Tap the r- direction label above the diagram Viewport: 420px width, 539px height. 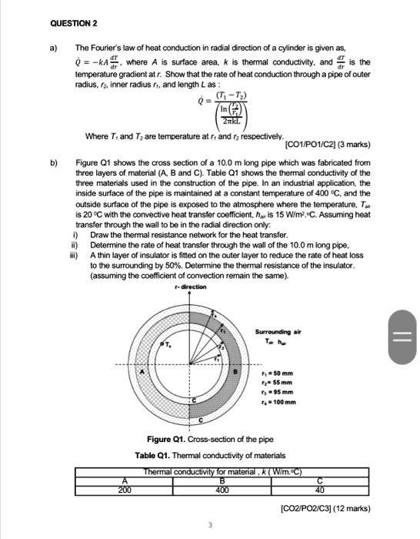pos(191,286)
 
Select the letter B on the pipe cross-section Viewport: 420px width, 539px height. pos(235,372)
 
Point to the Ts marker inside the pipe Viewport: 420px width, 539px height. pos(165,345)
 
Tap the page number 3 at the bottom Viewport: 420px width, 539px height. pos(209,526)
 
